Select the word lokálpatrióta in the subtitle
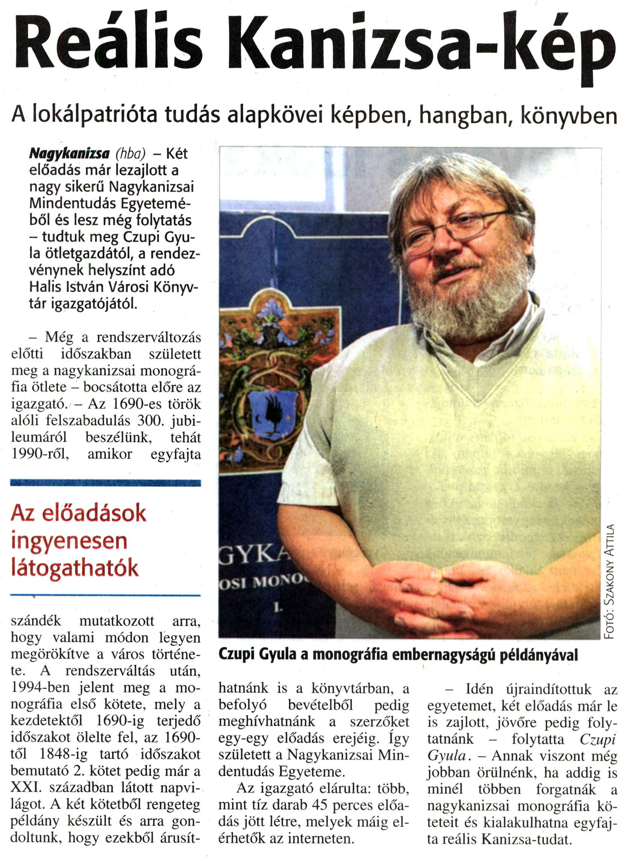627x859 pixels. [x=95, y=115]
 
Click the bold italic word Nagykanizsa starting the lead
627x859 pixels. [x=70, y=153]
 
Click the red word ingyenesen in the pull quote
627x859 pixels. [x=69, y=542]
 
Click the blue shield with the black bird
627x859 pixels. [x=273, y=413]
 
